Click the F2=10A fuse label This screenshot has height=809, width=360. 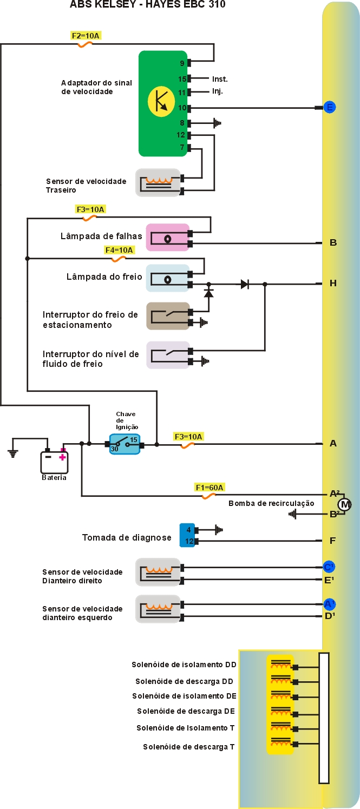(86, 36)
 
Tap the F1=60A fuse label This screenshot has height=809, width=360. (210, 487)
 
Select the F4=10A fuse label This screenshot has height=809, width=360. (119, 250)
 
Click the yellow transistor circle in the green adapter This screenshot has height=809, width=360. (161, 101)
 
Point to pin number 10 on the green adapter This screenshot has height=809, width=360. (182, 108)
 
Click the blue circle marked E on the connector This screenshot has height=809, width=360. (329, 107)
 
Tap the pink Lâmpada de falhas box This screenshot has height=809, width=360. (168, 238)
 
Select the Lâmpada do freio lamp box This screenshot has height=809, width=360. (167, 279)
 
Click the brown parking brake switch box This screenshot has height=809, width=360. (168, 317)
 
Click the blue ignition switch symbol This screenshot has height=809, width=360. (125, 444)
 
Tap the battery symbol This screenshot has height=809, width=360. (55, 462)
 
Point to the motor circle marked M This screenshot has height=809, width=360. (345, 505)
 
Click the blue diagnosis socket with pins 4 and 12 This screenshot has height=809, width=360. (187, 535)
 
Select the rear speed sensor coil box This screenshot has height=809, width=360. (158, 183)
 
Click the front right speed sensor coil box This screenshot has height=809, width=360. (158, 573)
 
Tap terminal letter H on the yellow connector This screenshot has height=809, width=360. (333, 283)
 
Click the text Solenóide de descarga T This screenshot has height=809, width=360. (188, 747)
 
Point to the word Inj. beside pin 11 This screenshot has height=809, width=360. (218, 91)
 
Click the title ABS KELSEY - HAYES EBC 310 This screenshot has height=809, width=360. (147, 5)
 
